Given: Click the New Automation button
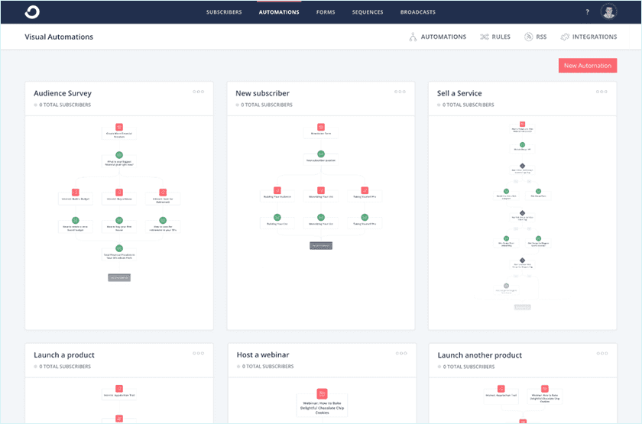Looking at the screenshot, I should pyautogui.click(x=587, y=66).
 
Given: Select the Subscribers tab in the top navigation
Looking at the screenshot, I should pyautogui.click(x=224, y=12).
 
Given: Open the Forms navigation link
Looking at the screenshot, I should pyautogui.click(x=326, y=12).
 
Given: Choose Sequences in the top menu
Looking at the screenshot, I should pyautogui.click(x=368, y=12).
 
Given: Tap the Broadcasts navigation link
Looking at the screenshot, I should pyautogui.click(x=417, y=12).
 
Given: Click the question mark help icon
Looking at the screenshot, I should pyautogui.click(x=587, y=12).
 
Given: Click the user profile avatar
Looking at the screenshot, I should pyautogui.click(x=608, y=12).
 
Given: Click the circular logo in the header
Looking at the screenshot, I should pyautogui.click(x=33, y=11).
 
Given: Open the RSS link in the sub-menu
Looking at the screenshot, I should pyautogui.click(x=535, y=37).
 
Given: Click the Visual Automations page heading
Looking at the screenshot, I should pyautogui.click(x=59, y=37).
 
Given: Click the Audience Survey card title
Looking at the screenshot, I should pyautogui.click(x=63, y=93).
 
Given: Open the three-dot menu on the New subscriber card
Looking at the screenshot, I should pyautogui.click(x=400, y=92).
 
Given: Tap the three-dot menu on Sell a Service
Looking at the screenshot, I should pyautogui.click(x=601, y=92).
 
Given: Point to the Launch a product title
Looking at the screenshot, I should pyautogui.click(x=64, y=355).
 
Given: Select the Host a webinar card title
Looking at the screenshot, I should pyautogui.click(x=263, y=355).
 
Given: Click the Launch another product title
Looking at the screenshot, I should pyautogui.click(x=479, y=355).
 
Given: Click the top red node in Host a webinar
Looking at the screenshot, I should pyautogui.click(x=322, y=393).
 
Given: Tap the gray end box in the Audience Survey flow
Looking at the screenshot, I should pyautogui.click(x=119, y=278).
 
